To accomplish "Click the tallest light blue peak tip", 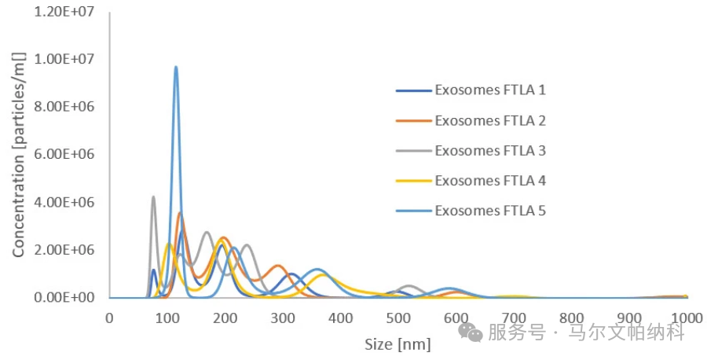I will click(176, 67).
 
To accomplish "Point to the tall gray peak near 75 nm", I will click(153, 197).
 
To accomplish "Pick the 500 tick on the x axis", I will click(398, 318).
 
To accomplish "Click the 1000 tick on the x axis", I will click(687, 318).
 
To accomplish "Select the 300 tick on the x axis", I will click(282, 318).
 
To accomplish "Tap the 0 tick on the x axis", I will click(109, 318).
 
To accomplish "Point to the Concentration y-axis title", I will click(19, 154).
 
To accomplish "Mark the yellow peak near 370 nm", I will click(323, 274).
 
